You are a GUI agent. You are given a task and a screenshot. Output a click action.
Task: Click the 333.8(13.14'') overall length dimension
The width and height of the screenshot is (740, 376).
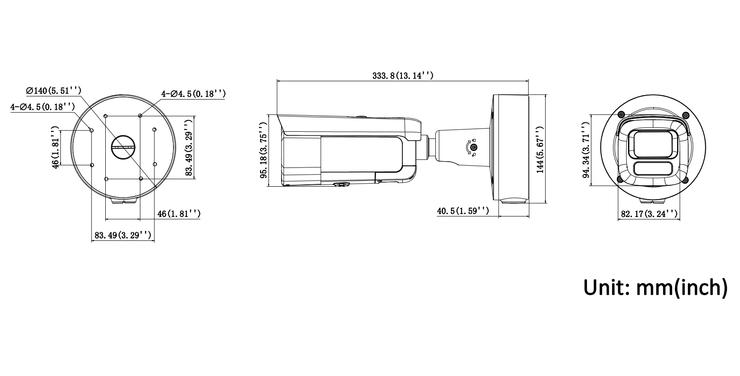(403, 76)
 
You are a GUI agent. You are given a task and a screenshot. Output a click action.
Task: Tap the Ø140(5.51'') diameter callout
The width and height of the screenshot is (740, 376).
(54, 91)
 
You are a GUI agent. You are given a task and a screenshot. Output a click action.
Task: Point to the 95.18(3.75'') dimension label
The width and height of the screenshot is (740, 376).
(263, 150)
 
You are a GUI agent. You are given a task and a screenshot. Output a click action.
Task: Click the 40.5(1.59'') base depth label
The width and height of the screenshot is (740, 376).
(463, 211)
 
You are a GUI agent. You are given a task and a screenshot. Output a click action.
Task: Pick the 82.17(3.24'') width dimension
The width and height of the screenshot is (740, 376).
(649, 214)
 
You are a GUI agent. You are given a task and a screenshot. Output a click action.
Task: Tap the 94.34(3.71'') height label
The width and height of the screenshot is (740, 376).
(586, 150)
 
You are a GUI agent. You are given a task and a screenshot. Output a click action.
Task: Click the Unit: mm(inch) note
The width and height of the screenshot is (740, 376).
(655, 288)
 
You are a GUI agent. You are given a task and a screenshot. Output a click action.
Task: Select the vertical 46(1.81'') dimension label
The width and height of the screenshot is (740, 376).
(55, 147)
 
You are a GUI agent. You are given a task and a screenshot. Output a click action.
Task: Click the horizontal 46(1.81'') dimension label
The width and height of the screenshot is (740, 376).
(179, 214)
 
